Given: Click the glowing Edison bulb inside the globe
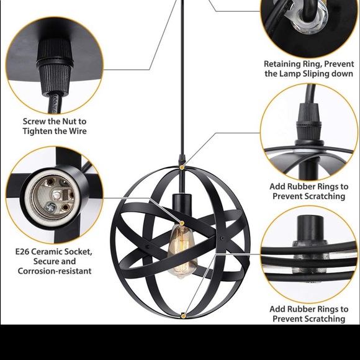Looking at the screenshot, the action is click(182, 251).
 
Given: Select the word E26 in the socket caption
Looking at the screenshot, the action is click(22, 251).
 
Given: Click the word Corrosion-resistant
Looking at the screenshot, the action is click(55, 271).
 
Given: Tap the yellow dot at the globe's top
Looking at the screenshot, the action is click(182, 168).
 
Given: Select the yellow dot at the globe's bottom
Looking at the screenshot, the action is click(183, 317).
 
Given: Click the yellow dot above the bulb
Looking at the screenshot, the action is click(182, 223).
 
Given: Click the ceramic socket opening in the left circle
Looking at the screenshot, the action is click(53, 197).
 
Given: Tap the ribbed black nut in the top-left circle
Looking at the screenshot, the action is click(55, 66).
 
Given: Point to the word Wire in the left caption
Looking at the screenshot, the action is click(78, 131).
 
